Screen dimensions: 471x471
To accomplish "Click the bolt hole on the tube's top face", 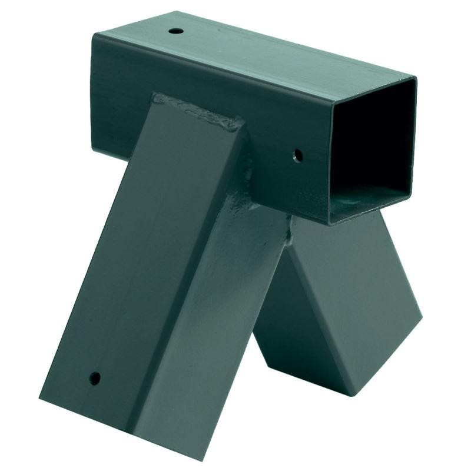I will click(x=175, y=30).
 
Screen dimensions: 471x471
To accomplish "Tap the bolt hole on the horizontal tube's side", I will click(x=298, y=156).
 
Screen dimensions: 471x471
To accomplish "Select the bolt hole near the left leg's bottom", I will click(x=94, y=378).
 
